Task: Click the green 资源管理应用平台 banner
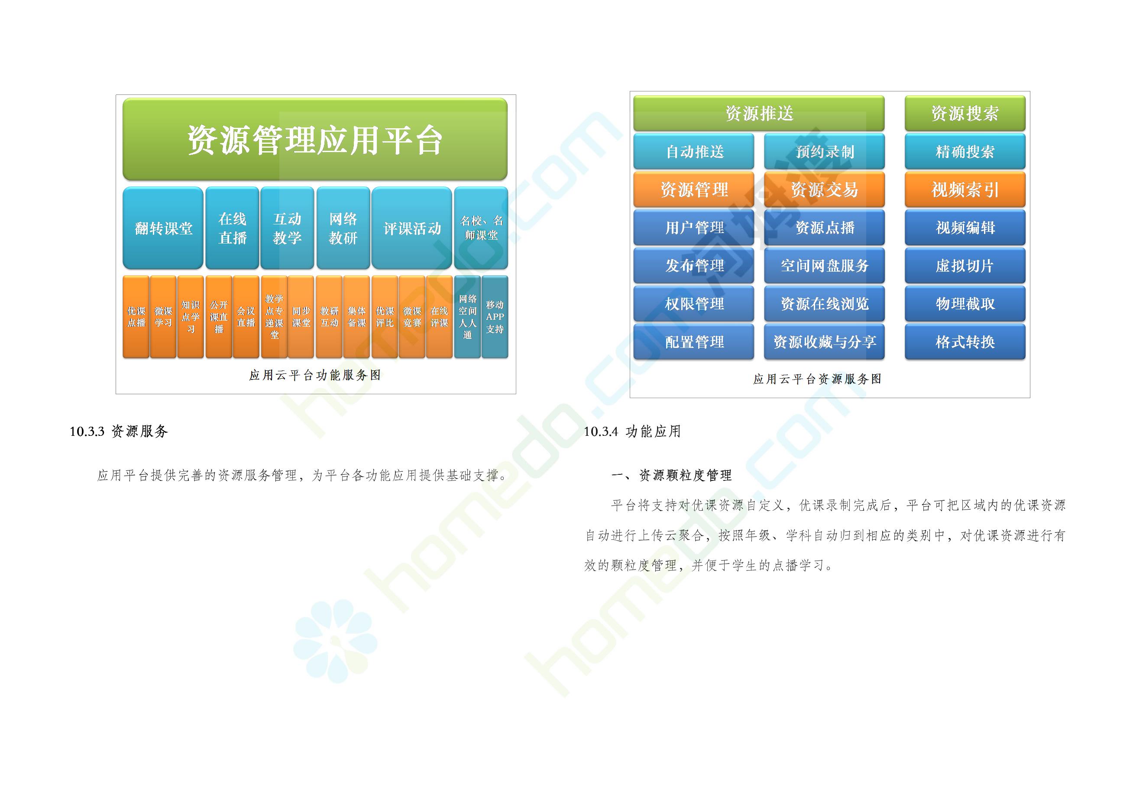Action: pos(315,139)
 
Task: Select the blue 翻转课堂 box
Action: pos(163,228)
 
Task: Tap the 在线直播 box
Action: pos(232,228)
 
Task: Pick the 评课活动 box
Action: pos(412,228)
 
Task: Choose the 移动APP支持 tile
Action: pos(495,317)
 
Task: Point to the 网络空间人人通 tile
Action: pos(467,317)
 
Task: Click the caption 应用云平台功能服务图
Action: pos(315,375)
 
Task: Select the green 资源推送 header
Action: pos(759,114)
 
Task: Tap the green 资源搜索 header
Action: pos(965,114)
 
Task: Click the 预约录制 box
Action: pos(824,151)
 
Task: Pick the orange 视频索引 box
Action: pos(965,189)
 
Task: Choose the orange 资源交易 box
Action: pos(824,189)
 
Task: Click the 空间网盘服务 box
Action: pos(824,266)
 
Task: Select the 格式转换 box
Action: pos(965,341)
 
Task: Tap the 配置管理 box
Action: pos(694,341)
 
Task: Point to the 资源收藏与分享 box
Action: pos(824,341)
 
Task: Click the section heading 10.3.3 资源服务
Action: pos(119,431)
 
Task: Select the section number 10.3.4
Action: pos(601,431)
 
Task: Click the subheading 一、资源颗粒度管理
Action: pos(671,475)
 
